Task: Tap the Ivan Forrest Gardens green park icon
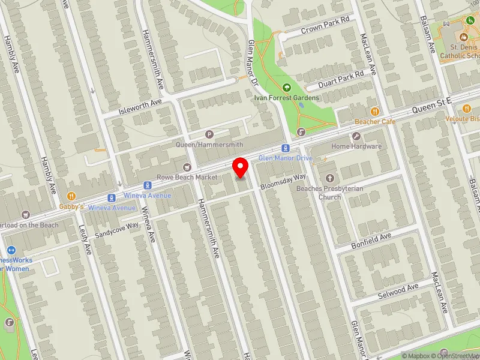(x=286, y=88)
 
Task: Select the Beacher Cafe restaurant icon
(x=375, y=111)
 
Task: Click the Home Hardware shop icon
(x=357, y=136)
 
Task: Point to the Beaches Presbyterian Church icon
(x=329, y=178)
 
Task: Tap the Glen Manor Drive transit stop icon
(x=286, y=148)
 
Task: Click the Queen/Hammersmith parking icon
(x=209, y=134)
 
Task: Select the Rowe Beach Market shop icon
(x=187, y=167)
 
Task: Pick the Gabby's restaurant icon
(x=71, y=195)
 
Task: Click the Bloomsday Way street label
(x=283, y=180)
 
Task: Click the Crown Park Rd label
(x=325, y=25)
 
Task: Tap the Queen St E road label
(x=431, y=107)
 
